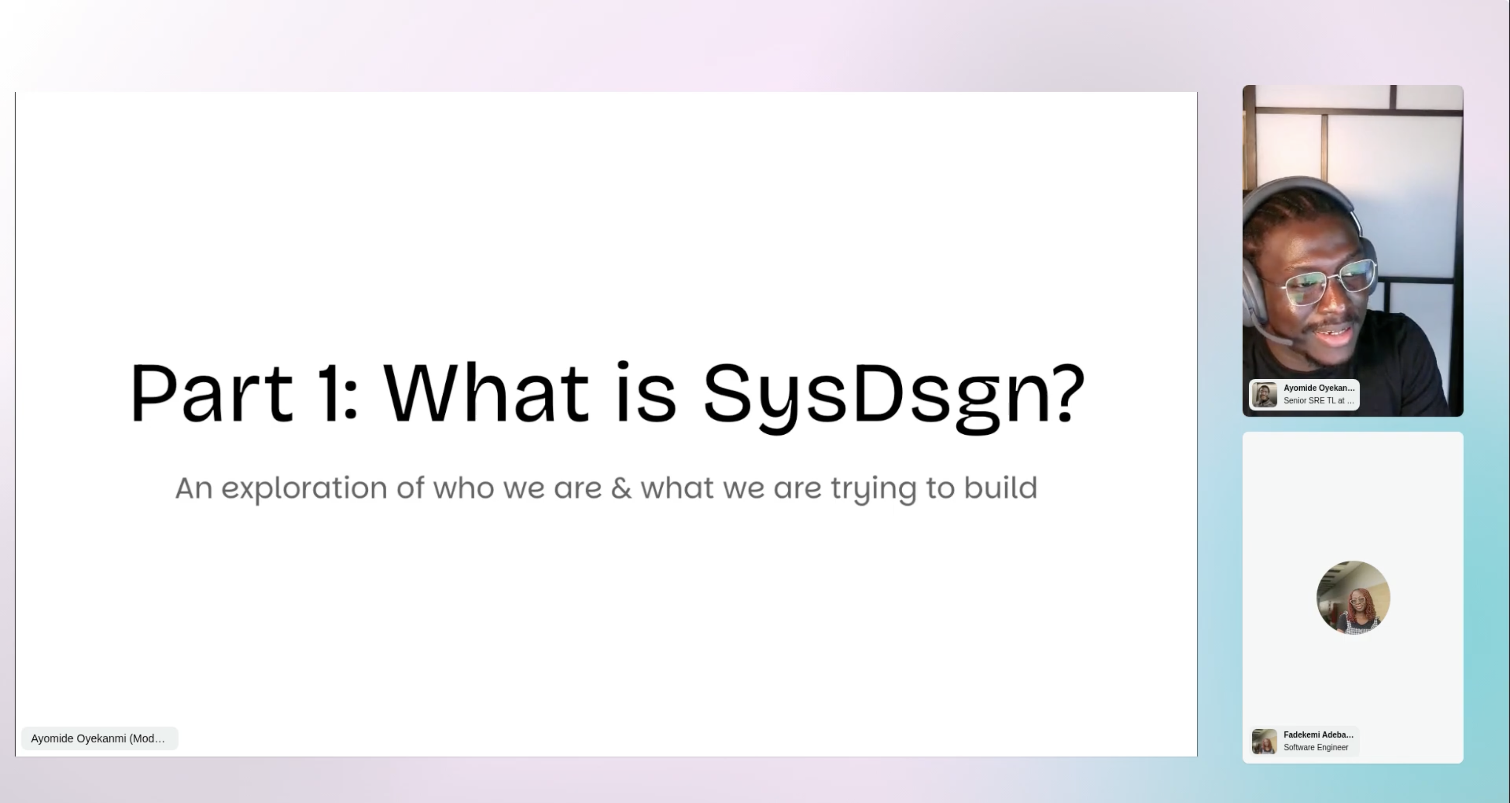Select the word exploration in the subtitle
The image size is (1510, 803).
(x=304, y=489)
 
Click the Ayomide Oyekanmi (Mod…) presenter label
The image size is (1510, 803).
(x=98, y=738)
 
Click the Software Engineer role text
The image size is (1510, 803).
(x=1316, y=748)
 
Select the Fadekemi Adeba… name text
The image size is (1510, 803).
(x=1318, y=734)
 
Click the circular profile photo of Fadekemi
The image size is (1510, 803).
(x=1353, y=597)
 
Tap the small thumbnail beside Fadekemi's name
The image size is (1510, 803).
(x=1264, y=741)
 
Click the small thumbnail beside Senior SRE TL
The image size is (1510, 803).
(x=1264, y=395)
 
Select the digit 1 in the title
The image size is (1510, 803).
(x=330, y=393)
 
